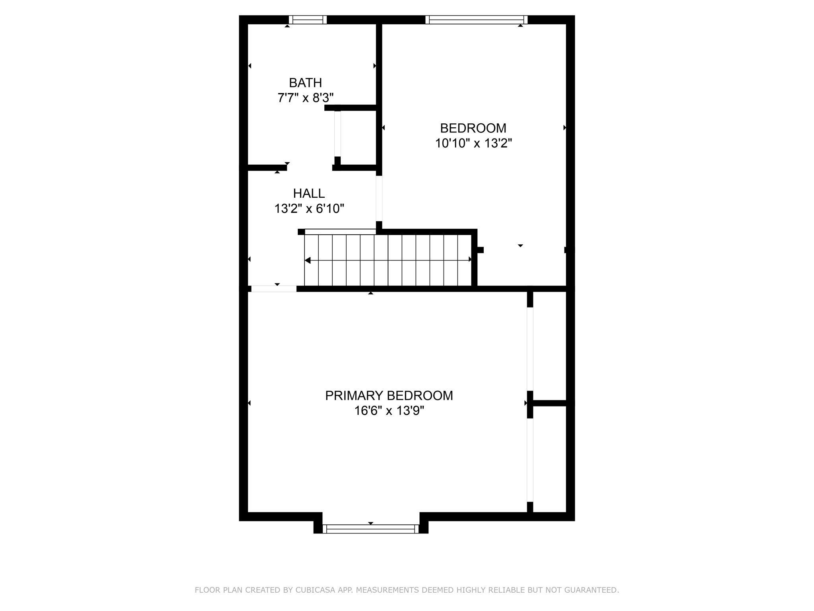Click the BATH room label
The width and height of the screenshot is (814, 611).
(x=305, y=83)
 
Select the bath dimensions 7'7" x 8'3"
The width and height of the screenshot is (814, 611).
(x=305, y=97)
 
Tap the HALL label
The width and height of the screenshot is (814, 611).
(x=309, y=193)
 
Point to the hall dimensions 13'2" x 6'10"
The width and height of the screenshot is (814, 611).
(x=309, y=208)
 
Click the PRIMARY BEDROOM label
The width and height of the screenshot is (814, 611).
(x=389, y=395)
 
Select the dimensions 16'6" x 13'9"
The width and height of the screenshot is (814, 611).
(x=389, y=411)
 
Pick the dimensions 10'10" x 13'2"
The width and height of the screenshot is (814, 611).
(x=473, y=143)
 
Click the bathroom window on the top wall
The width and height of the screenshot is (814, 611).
(x=308, y=20)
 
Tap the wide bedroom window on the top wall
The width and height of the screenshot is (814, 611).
(x=476, y=20)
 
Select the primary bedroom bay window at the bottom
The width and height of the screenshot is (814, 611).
(x=370, y=529)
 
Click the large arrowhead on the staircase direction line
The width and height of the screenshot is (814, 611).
(x=308, y=261)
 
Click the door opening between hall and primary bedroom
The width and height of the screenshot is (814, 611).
(x=274, y=289)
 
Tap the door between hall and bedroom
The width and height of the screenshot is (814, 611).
(x=379, y=198)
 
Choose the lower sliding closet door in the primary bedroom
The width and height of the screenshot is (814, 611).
(x=530, y=460)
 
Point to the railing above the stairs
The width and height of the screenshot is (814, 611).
(x=340, y=232)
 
